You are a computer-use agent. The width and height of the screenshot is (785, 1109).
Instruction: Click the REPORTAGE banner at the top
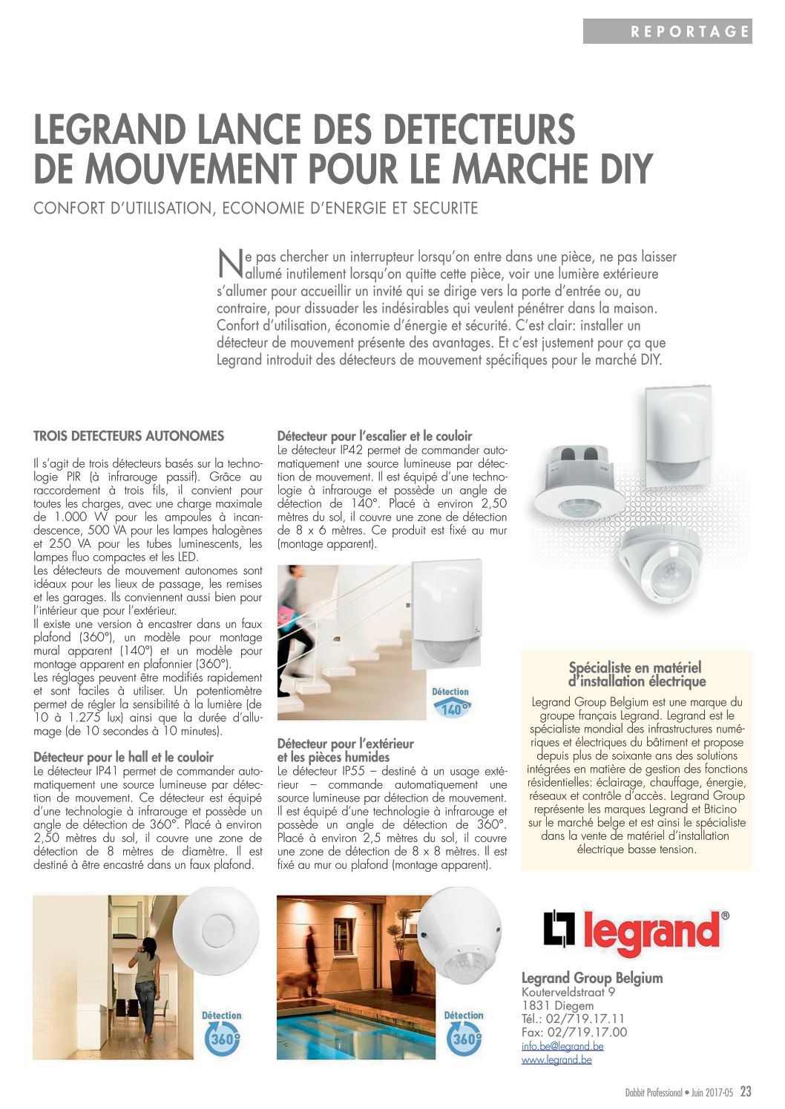click(x=668, y=31)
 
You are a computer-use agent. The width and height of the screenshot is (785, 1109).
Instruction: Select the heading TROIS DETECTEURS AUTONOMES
click(x=128, y=436)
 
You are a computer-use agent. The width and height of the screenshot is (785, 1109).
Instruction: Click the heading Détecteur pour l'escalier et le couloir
click(x=374, y=436)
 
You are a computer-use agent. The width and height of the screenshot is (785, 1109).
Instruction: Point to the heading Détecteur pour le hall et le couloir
click(x=123, y=757)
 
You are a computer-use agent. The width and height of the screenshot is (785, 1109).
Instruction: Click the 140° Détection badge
click(x=451, y=703)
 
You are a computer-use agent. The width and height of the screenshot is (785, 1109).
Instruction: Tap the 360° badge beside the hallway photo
click(x=221, y=1033)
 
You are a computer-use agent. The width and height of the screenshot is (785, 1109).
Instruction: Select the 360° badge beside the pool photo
click(x=464, y=1033)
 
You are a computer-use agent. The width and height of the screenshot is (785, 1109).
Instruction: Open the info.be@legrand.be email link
click(x=562, y=1046)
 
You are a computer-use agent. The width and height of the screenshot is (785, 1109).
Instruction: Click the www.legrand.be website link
click(x=556, y=1059)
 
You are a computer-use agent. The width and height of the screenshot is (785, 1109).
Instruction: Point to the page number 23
click(x=746, y=1092)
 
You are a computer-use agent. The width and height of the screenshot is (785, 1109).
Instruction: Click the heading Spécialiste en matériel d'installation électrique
click(x=637, y=675)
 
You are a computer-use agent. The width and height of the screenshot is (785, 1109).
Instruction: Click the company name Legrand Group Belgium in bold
click(x=592, y=978)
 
